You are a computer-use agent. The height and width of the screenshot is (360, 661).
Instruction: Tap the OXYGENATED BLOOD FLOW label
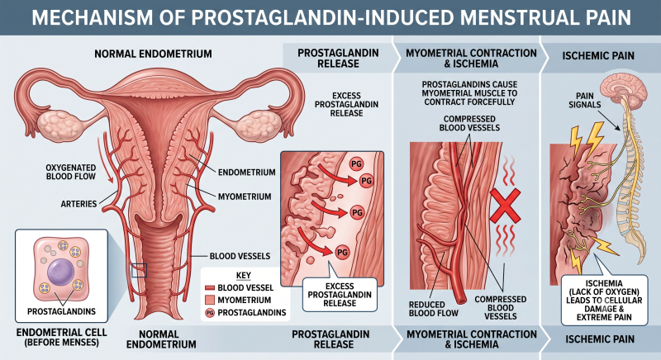click(71, 172)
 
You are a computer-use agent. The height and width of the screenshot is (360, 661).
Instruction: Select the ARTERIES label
click(78, 204)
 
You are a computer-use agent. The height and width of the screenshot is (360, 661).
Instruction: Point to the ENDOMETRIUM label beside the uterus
click(246, 173)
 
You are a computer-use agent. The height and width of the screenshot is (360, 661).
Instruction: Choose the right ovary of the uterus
click(258, 125)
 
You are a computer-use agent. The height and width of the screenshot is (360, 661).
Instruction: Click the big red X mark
click(506, 206)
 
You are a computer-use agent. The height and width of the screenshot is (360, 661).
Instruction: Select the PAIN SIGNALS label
click(585, 100)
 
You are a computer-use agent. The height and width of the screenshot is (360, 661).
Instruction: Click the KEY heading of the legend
click(243, 276)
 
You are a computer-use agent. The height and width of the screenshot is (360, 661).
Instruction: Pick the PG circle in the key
click(210, 312)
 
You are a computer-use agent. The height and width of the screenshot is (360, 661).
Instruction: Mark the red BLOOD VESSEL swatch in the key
click(210, 288)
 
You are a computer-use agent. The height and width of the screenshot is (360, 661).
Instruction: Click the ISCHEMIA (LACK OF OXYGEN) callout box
click(604, 301)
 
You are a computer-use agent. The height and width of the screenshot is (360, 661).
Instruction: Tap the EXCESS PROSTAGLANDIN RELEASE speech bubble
click(340, 294)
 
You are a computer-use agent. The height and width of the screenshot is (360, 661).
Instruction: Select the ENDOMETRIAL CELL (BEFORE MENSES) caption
click(61, 337)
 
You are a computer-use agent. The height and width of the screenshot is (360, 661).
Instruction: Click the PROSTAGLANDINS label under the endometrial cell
click(61, 311)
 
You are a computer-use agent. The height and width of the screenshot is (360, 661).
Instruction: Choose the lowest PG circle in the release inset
click(342, 252)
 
